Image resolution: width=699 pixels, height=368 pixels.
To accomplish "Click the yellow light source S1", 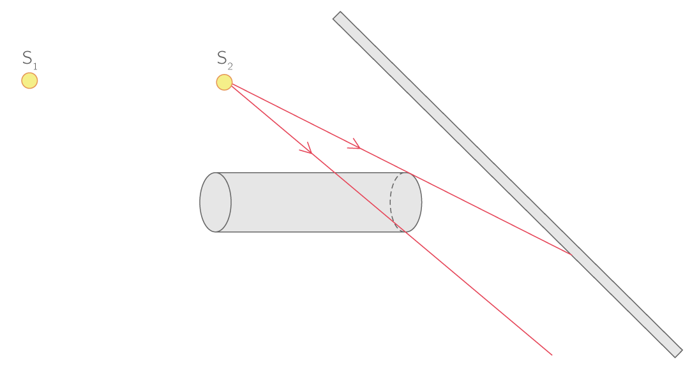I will point(29,81).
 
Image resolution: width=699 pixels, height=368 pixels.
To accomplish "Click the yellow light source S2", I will point(224,82).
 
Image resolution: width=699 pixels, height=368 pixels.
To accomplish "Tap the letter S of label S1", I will point(27,58).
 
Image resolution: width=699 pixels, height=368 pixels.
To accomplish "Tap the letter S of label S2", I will point(222,58).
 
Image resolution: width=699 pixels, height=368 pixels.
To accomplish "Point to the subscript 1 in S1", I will point(35,66).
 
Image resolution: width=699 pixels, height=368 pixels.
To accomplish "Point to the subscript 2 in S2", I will point(230,66).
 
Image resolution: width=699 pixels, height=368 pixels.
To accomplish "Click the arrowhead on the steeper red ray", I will point(307,149).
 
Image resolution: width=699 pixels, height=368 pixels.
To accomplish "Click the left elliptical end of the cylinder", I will point(216,202).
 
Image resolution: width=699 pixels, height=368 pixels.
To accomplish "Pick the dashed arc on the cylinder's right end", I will point(392,202).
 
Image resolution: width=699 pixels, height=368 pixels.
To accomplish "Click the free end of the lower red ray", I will point(552,355).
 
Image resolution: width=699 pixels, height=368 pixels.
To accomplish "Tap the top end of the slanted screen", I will point(338,17).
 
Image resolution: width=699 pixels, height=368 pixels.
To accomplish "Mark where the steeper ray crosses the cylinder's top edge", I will point(336,173).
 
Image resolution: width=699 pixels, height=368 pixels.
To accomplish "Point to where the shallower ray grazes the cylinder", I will point(409,173).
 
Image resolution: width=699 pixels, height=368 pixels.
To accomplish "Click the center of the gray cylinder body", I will point(311,202).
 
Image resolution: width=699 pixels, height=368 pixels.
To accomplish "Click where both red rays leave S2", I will point(231,85).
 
